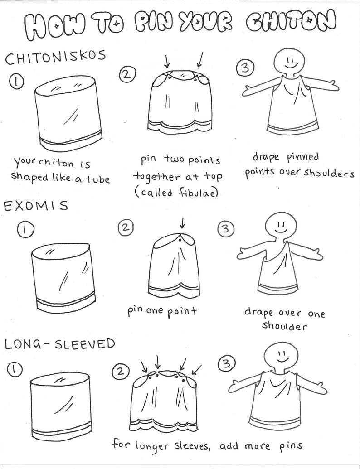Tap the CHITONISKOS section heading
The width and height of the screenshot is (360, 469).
point(56,57)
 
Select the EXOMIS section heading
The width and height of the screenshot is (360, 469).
point(36,206)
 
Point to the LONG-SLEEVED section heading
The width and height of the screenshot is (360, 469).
point(60,344)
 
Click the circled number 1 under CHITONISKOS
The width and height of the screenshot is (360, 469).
point(16,82)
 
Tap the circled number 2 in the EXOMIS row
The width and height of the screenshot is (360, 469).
point(126,228)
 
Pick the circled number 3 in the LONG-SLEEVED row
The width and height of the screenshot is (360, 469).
point(227,364)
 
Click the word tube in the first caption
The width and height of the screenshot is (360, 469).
point(98,179)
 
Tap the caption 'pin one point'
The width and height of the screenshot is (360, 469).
point(162,311)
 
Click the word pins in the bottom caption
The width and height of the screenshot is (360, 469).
point(291,446)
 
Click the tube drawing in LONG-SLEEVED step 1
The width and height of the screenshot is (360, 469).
point(60,406)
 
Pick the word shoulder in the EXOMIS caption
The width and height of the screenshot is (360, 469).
point(285,325)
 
